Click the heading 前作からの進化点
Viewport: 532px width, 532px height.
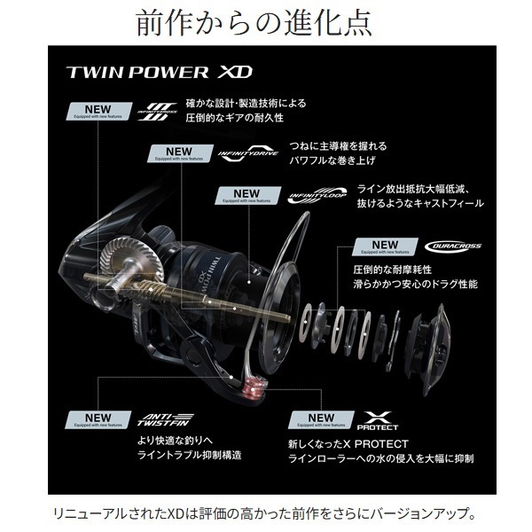click(266, 22)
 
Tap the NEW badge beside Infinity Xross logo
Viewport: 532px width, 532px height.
click(95, 112)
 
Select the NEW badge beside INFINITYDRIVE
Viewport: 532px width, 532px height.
click(178, 153)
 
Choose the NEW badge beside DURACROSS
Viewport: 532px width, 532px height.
click(385, 246)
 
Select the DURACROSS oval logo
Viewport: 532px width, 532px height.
click(452, 246)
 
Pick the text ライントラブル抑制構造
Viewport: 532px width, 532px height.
click(178, 455)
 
